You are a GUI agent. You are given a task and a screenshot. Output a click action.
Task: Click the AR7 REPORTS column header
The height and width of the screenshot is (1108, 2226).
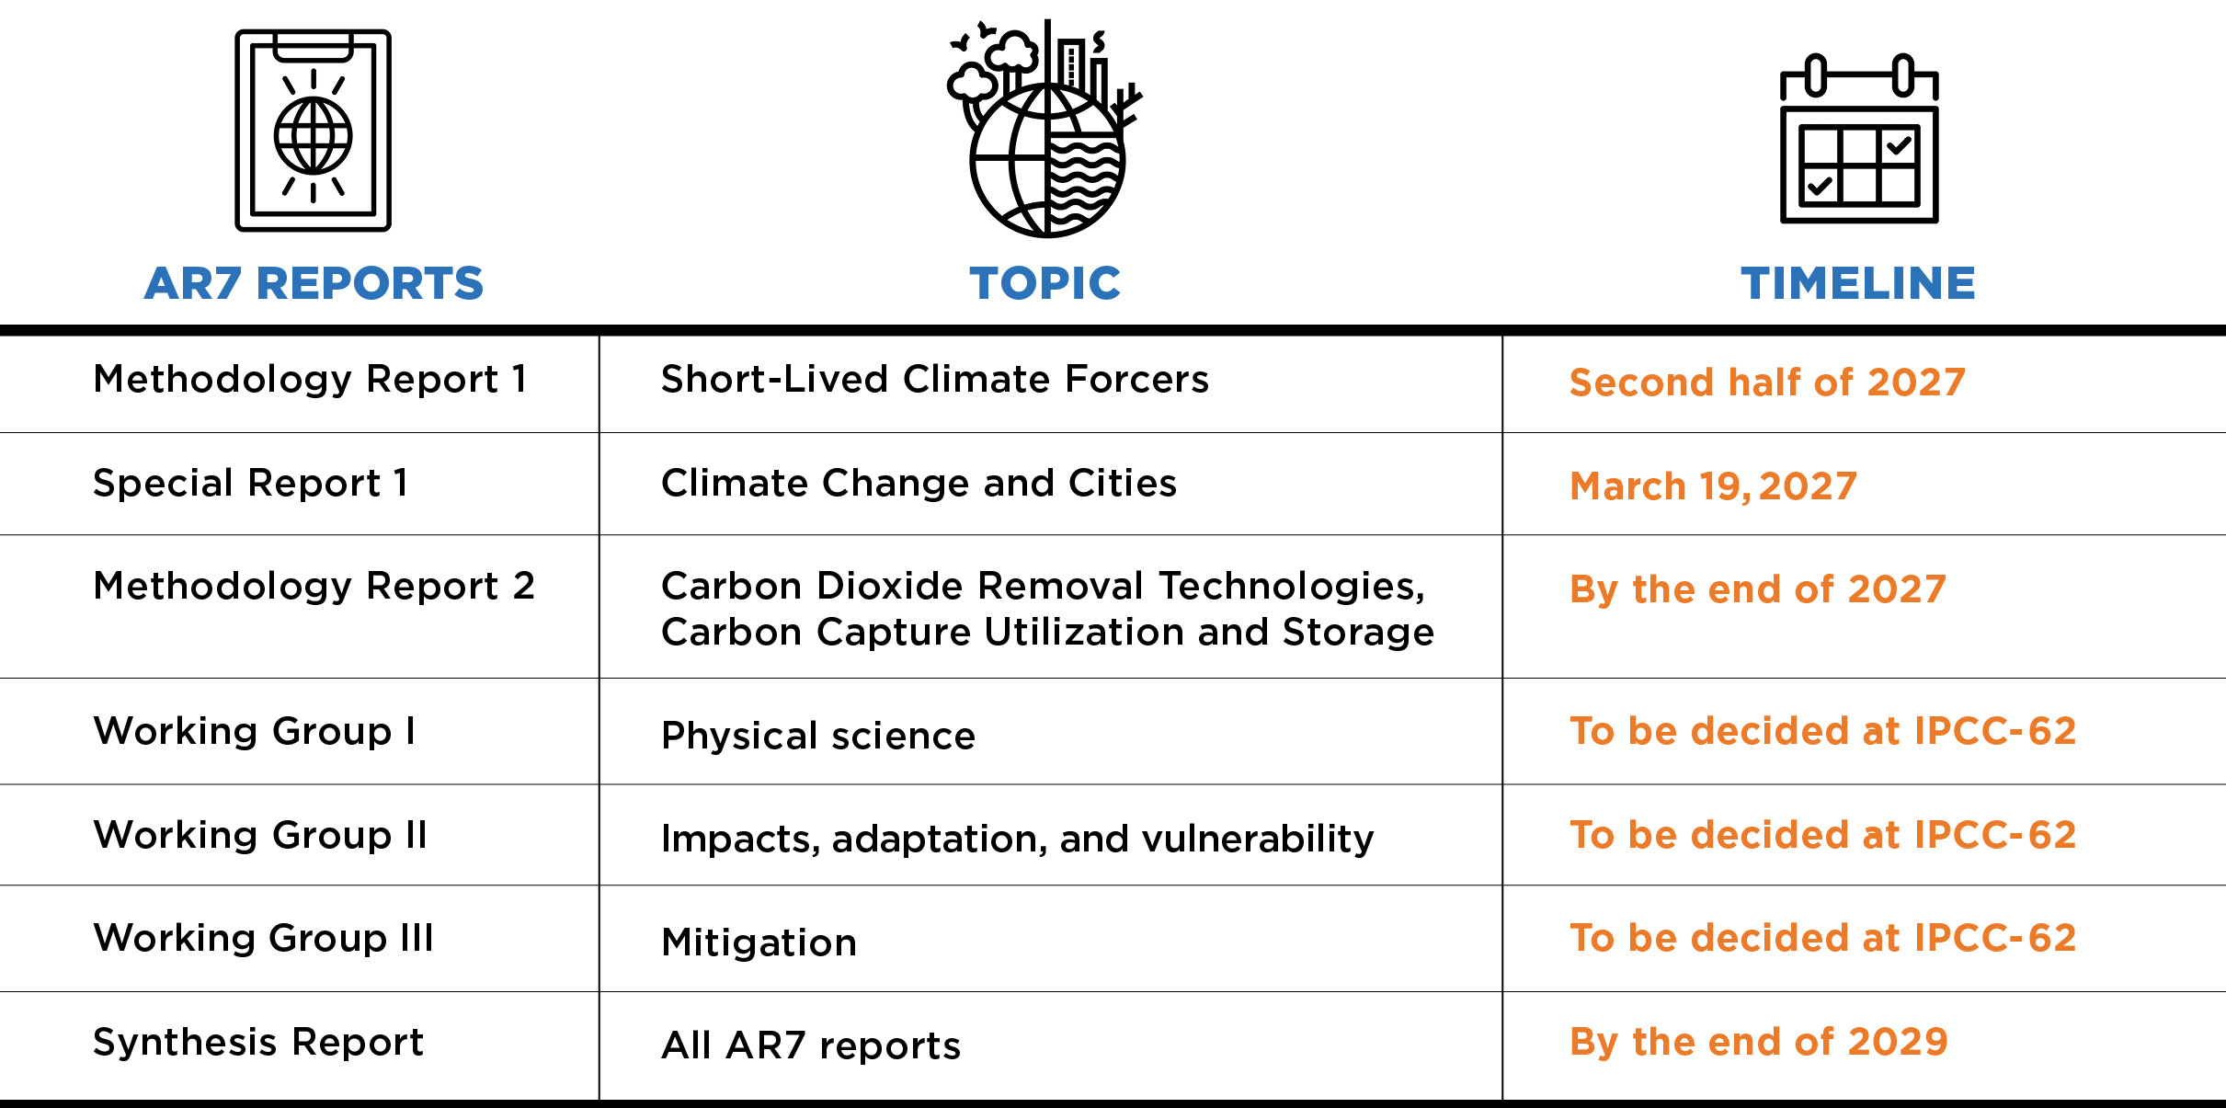(x=314, y=283)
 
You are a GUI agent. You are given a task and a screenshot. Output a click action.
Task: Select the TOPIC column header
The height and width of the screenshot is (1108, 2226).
(x=1045, y=283)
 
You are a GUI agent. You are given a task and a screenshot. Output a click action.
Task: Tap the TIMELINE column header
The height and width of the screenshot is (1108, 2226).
(x=1857, y=283)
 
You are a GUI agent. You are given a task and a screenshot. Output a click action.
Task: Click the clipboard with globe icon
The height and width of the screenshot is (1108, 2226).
(x=313, y=131)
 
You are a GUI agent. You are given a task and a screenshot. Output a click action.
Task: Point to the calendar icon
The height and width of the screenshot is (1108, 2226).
(x=1859, y=140)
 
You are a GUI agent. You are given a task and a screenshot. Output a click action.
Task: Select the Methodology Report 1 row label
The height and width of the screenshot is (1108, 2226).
(x=311, y=379)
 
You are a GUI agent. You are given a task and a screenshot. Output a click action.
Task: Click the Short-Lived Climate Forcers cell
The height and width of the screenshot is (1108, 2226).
(x=934, y=379)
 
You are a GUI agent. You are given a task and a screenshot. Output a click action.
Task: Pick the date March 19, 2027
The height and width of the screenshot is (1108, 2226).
(x=1713, y=485)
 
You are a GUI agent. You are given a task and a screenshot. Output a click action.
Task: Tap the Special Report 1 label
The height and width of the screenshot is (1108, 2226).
(x=250, y=483)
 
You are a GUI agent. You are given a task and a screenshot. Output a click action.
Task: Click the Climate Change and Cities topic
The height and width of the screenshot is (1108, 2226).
(x=919, y=483)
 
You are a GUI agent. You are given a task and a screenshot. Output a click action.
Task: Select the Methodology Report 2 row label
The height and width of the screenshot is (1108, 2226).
(x=314, y=586)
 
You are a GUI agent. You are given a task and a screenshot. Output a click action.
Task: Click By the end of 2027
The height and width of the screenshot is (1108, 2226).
(x=1757, y=588)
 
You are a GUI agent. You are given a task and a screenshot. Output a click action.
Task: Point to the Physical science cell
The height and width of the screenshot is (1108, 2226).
(x=817, y=736)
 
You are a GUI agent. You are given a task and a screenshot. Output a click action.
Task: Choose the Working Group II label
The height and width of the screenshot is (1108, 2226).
(x=260, y=835)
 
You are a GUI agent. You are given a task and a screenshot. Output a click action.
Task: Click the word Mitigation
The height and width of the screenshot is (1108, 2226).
(x=759, y=942)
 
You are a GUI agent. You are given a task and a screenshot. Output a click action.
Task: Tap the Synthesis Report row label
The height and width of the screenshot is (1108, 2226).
(x=258, y=1042)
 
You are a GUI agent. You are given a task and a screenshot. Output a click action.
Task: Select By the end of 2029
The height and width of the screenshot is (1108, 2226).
(x=1758, y=1042)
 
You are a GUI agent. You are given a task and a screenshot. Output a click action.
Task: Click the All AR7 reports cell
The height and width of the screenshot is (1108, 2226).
(x=810, y=1045)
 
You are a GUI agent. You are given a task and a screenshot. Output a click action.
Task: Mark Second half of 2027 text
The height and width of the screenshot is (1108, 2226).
(x=1766, y=382)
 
